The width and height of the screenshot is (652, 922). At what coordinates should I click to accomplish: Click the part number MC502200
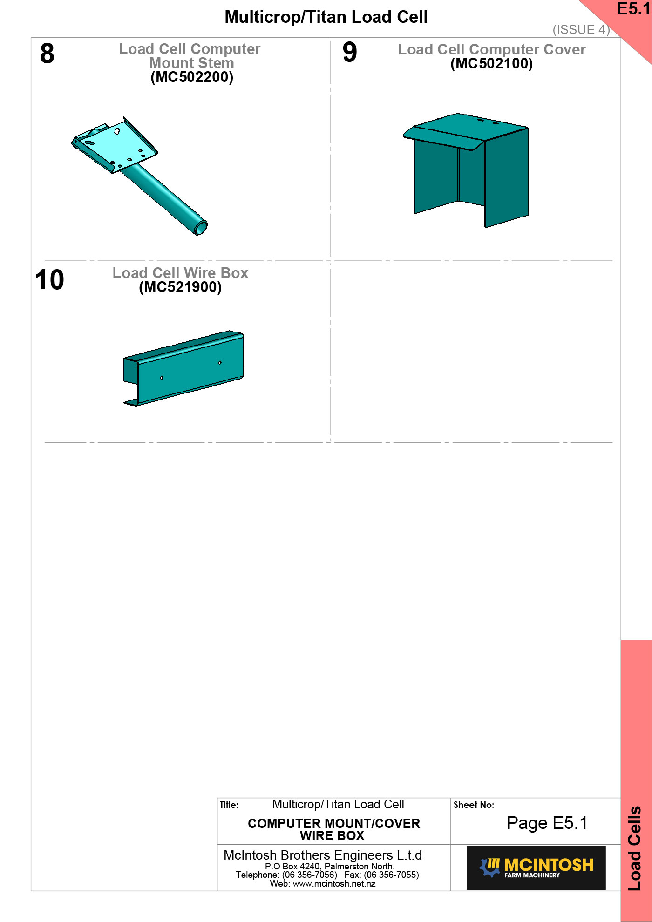[192, 77]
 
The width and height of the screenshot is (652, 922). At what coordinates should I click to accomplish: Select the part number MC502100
[491, 63]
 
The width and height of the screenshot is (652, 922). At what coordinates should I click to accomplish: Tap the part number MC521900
[180, 287]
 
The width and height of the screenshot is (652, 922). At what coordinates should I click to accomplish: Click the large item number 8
[47, 54]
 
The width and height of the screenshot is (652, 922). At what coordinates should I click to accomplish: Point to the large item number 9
[350, 52]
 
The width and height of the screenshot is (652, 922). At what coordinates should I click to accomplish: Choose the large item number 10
[49, 280]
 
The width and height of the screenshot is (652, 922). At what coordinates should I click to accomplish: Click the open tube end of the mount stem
[201, 228]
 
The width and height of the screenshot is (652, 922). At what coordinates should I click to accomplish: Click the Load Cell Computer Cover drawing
[466, 170]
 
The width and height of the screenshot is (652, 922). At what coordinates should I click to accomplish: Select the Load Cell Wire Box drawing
[183, 368]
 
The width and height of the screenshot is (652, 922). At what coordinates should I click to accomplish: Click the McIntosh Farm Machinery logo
[536, 868]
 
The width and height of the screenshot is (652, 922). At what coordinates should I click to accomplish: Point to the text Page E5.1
[547, 823]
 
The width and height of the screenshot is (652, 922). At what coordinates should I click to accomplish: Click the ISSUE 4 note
[581, 30]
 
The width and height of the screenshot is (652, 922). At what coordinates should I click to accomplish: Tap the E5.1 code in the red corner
[633, 9]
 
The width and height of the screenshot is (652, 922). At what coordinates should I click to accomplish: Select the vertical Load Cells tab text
[635, 848]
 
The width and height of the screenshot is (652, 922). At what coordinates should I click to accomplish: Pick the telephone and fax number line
[327, 875]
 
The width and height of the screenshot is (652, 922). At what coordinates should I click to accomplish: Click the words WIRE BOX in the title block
[332, 836]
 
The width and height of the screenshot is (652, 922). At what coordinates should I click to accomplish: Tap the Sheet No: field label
[474, 805]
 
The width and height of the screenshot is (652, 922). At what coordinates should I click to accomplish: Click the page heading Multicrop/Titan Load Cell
[326, 17]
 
